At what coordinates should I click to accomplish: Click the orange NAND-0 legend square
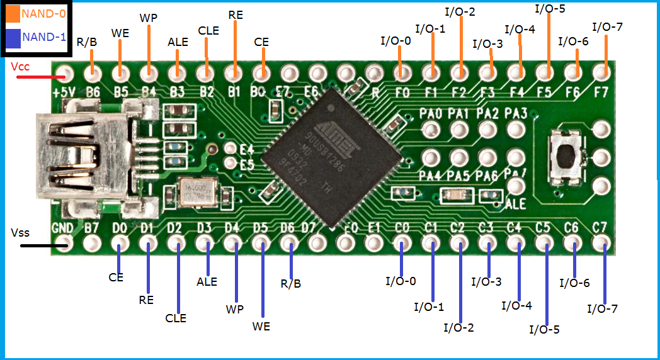click(13, 13)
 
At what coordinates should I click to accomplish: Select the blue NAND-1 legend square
click(13, 37)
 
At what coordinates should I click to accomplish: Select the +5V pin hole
click(64, 72)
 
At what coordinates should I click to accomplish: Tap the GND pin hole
click(64, 242)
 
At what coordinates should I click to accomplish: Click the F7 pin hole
click(601, 72)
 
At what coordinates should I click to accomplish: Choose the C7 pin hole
click(601, 242)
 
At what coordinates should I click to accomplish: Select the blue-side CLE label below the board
click(176, 318)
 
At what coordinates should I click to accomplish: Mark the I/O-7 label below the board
click(603, 308)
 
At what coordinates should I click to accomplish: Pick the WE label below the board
click(261, 327)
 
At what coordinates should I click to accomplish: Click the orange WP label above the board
click(149, 18)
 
